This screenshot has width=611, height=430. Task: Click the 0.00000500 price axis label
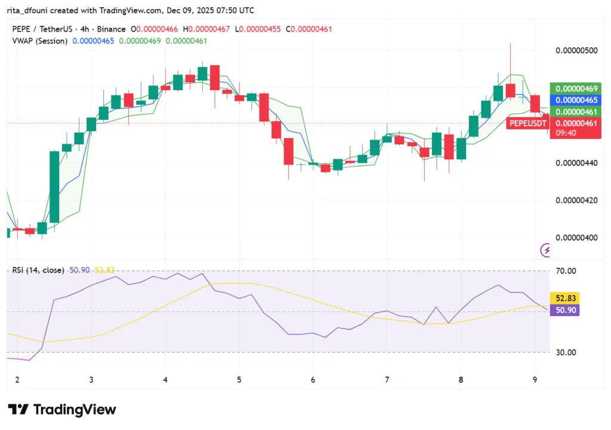[576, 51]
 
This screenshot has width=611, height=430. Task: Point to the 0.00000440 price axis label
[576, 163]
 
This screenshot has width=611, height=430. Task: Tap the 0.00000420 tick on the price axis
[576, 200]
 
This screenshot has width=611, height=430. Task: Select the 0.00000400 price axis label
[576, 238]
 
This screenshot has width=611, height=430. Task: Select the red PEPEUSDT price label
[527, 123]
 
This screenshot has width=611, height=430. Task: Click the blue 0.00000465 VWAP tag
[575, 100]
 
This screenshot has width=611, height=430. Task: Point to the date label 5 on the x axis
[239, 380]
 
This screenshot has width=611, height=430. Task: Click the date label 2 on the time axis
[17, 380]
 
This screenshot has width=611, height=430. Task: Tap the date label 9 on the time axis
[535, 380]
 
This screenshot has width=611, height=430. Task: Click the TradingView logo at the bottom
[62, 410]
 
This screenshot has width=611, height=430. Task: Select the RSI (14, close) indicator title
[38, 270]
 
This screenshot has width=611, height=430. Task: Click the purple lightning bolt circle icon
[545, 250]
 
